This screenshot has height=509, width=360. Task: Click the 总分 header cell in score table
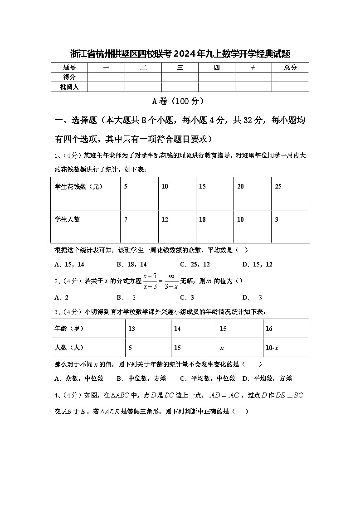[290, 68]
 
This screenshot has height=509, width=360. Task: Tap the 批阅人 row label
[69, 87]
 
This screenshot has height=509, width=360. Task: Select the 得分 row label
[69, 77]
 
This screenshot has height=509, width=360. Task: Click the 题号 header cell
[69, 68]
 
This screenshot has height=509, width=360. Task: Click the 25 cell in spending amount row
[278, 186]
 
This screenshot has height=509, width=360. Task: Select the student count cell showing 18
[202, 219]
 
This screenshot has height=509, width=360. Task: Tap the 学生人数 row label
[67, 219]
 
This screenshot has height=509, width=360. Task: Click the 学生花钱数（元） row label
[79, 186]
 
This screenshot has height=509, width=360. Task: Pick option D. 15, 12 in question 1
[257, 264]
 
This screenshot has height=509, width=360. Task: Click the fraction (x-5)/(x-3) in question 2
[150, 281]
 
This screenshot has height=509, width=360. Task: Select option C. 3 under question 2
[187, 297]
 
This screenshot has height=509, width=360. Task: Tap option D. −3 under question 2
[252, 297]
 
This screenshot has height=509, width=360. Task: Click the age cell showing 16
[269, 329]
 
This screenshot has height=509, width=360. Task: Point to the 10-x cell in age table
[272, 348]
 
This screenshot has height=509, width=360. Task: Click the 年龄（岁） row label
[69, 329]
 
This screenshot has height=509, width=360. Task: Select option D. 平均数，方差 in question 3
[267, 378]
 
